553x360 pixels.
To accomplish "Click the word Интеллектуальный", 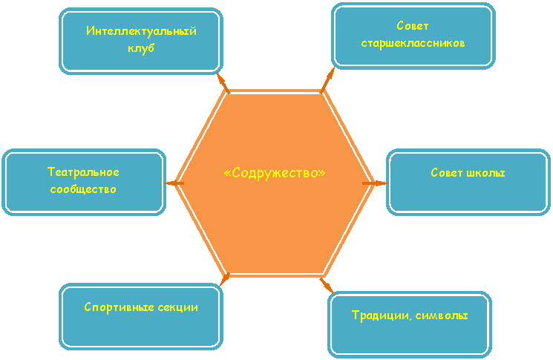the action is pos(141,31).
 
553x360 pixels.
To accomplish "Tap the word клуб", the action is pos(141,48).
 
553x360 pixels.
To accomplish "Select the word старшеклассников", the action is pos(413,43).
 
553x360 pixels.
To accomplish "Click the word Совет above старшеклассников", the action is pos(413,26).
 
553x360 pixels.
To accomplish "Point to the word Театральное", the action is pos(83,172).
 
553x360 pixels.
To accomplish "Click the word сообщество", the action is pos(83,189).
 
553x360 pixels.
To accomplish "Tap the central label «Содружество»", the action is pos(275,173).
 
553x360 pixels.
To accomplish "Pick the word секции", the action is pos(177,307).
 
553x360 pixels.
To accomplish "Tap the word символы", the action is pos(442,315).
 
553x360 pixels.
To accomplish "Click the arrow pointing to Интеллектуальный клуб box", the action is pos(222,82).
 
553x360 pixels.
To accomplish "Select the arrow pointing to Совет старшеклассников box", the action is pos(327,79).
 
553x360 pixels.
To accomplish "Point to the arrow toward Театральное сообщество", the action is pos(174,183).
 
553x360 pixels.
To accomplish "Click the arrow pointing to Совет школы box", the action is pos(376,183).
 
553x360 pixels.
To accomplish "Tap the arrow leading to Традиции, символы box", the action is pos(327,286).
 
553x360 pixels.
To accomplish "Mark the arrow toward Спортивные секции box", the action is pos(224,280).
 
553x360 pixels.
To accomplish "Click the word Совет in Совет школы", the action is pos(447,173).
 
